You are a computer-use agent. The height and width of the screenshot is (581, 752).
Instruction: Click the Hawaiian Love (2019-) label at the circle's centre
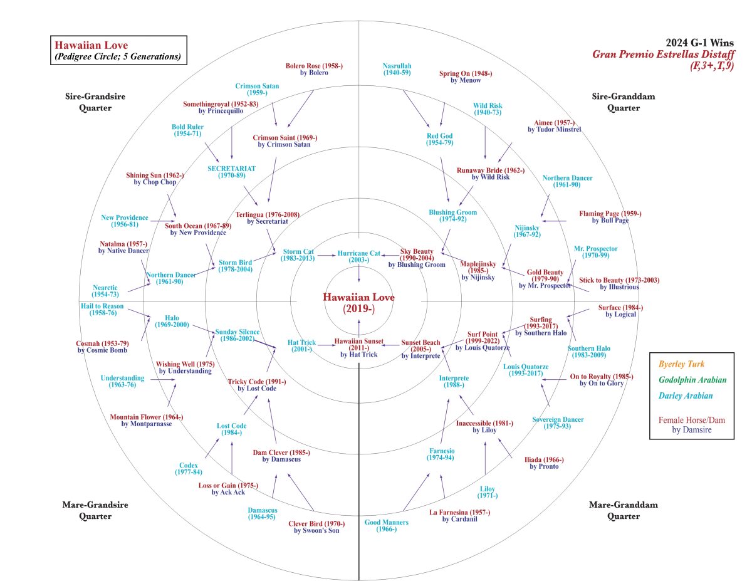tap(358, 303)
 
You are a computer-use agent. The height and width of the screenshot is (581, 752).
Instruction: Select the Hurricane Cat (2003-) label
tap(358, 256)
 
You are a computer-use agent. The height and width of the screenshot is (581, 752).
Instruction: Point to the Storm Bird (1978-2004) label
tap(236, 266)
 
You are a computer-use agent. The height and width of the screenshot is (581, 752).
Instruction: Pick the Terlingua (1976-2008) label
tap(268, 217)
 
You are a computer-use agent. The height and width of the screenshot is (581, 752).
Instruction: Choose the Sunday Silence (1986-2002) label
tap(237, 335)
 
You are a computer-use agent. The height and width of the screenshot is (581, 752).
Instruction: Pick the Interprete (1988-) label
tap(454, 382)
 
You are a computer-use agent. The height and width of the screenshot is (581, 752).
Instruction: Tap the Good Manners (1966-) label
tap(387, 526)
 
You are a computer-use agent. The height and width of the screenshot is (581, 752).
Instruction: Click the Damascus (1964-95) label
tap(263, 513)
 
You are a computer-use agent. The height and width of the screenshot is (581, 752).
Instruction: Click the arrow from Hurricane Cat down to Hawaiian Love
tap(358, 272)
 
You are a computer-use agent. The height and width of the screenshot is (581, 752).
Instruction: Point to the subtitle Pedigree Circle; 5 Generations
tap(118, 57)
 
